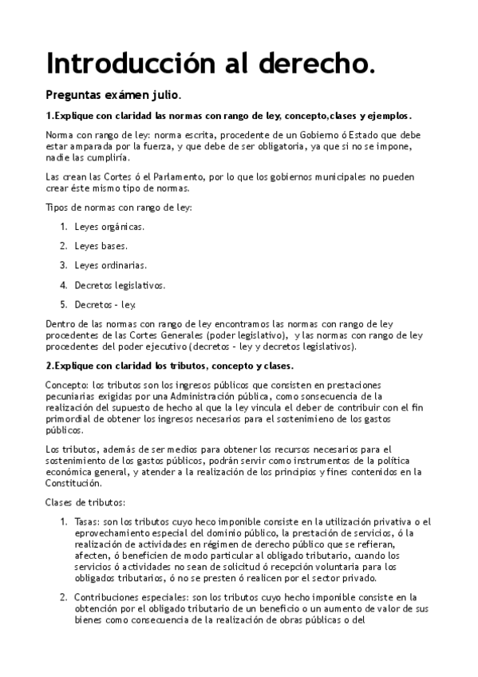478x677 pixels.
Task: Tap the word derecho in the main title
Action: tap(320, 63)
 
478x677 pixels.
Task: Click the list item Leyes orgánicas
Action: tap(109, 227)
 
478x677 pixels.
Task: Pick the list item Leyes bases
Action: tap(101, 246)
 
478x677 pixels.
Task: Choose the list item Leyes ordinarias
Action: tap(110, 265)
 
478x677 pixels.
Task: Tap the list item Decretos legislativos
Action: tap(120, 284)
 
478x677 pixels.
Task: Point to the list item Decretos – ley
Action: tap(105, 304)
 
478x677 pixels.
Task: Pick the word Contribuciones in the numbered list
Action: tap(108, 596)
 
